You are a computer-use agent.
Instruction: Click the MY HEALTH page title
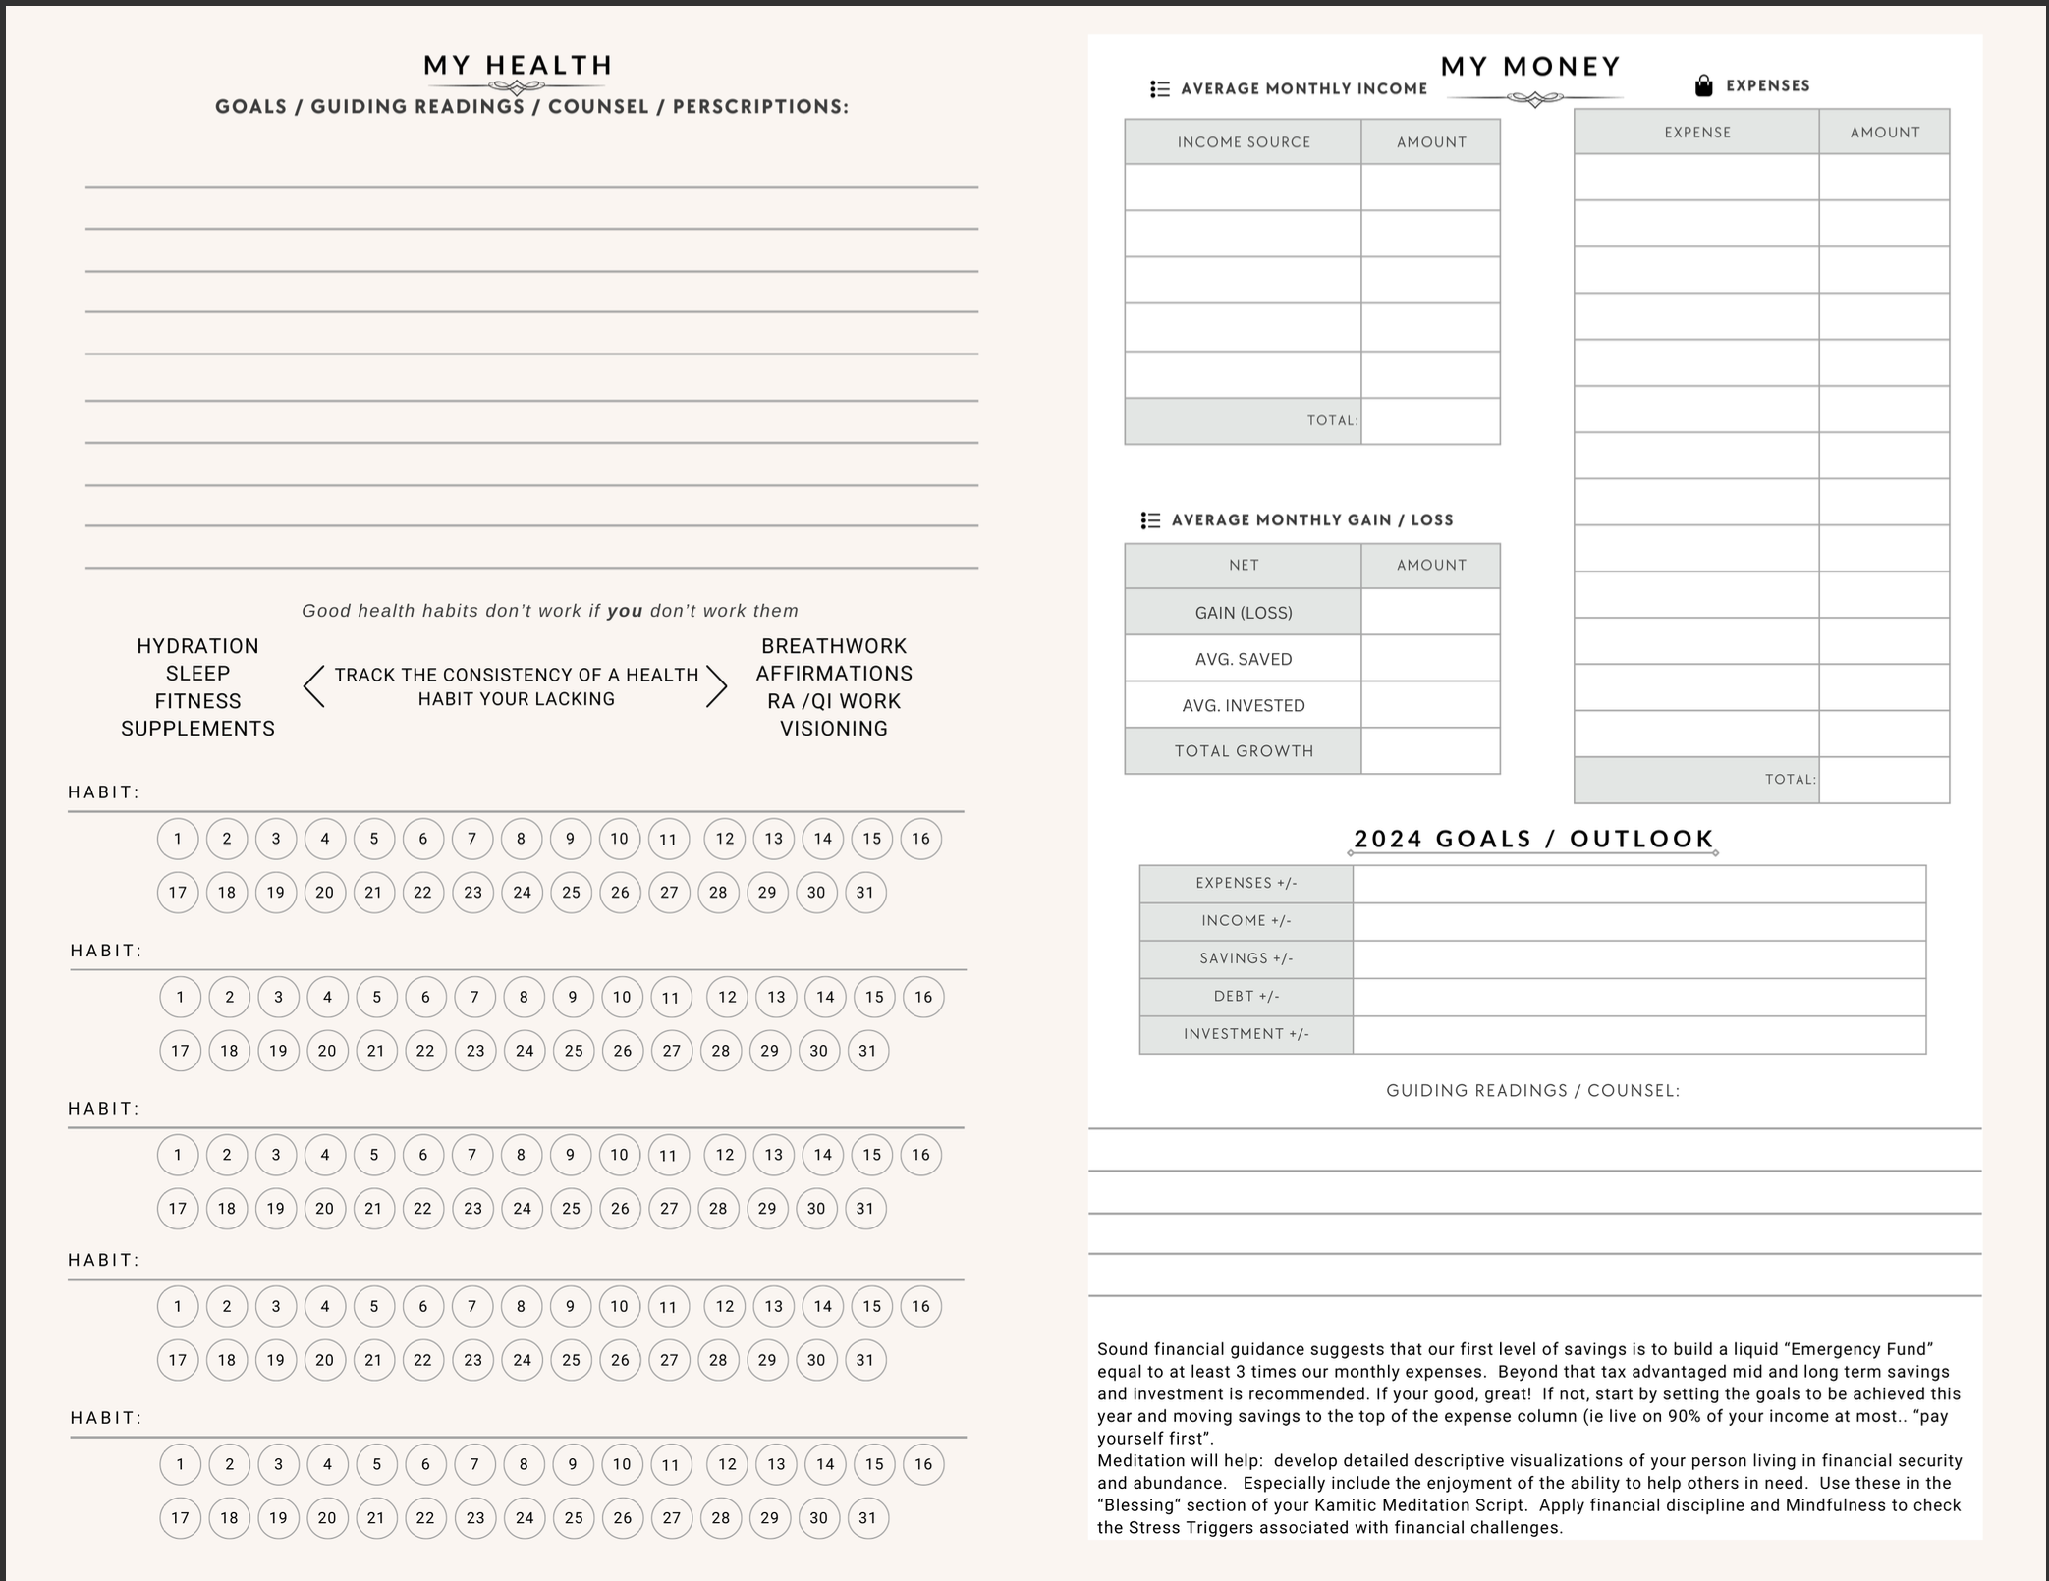coord(518,66)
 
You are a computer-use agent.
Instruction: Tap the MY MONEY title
coord(1530,67)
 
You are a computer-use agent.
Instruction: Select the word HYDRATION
coord(197,646)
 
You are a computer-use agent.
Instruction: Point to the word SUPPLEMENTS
coord(197,729)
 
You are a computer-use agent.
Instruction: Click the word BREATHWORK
coord(834,646)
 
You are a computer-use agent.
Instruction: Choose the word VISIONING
coord(834,729)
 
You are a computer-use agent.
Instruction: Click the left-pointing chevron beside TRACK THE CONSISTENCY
coord(314,686)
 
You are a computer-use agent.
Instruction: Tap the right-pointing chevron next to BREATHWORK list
coord(717,686)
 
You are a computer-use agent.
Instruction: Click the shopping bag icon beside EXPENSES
coord(1704,85)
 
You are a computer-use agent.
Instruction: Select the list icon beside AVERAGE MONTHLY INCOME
coord(1160,89)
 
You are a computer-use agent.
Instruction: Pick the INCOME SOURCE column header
coord(1244,142)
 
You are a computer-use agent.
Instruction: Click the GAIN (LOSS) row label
coord(1244,613)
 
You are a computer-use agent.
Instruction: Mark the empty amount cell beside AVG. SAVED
coord(1430,659)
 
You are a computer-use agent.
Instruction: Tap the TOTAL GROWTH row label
coord(1244,751)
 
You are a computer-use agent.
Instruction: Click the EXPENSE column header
coord(1697,133)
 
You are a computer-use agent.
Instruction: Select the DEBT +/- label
coord(1246,997)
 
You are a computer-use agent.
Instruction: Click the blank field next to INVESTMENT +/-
coord(1638,1035)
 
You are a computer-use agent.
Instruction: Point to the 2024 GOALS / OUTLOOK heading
coord(1533,839)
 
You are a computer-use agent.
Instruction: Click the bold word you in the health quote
coord(625,611)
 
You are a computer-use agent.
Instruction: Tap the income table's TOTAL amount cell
coord(1430,421)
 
